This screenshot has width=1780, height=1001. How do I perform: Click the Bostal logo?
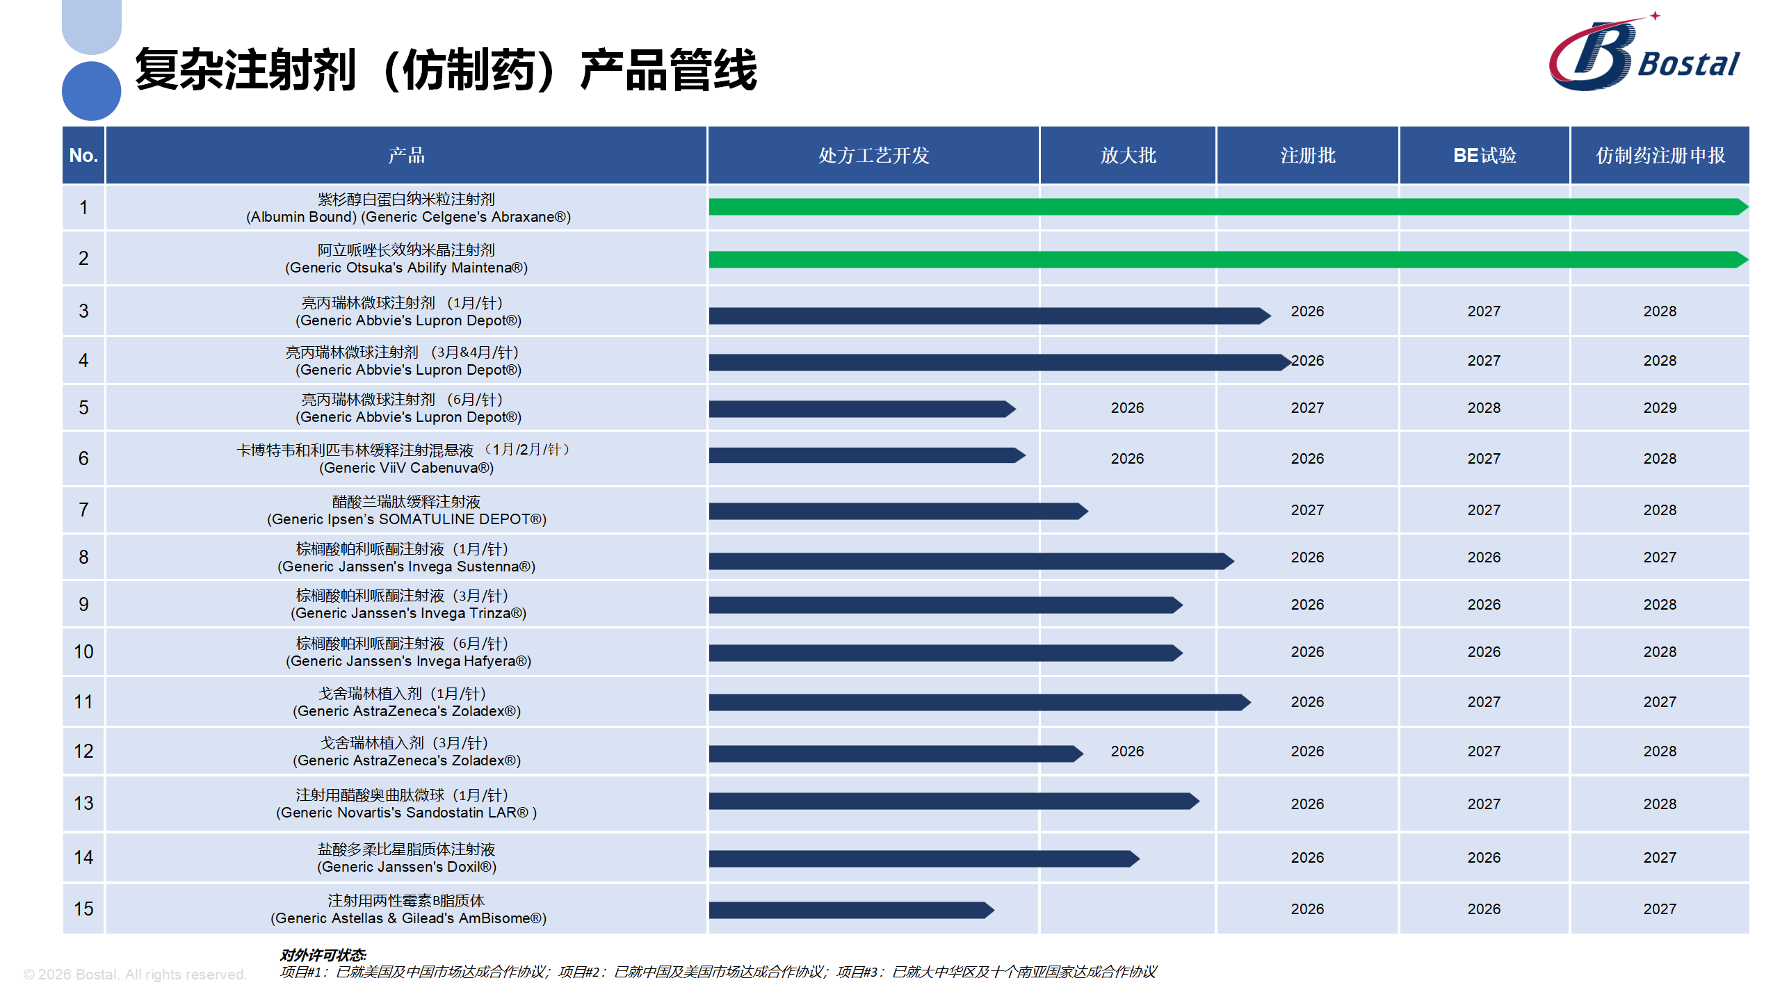tap(1644, 56)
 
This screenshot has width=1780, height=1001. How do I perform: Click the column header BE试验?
tap(1484, 155)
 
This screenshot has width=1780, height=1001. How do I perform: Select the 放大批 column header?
tap(1128, 155)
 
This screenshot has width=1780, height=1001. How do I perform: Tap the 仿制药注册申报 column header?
tap(1660, 155)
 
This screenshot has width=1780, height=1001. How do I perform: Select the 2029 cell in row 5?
tap(1660, 408)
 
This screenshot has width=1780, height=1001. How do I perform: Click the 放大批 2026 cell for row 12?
tap(1127, 751)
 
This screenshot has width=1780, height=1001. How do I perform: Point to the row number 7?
tap(83, 510)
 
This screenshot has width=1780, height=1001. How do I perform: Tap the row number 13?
tap(83, 804)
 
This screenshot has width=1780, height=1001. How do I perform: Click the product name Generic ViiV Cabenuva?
tap(406, 468)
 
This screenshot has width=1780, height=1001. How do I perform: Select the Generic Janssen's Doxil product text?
tap(406, 867)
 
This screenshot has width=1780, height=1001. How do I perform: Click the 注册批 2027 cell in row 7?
tap(1307, 510)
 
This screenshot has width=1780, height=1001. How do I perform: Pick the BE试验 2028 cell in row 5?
tap(1484, 408)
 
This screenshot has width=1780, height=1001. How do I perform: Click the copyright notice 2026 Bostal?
tap(135, 975)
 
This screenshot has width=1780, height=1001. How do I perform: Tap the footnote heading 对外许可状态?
tap(323, 955)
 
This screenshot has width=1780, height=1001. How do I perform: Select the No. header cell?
tap(83, 155)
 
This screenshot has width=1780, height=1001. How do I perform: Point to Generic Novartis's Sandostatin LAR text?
tap(406, 813)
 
